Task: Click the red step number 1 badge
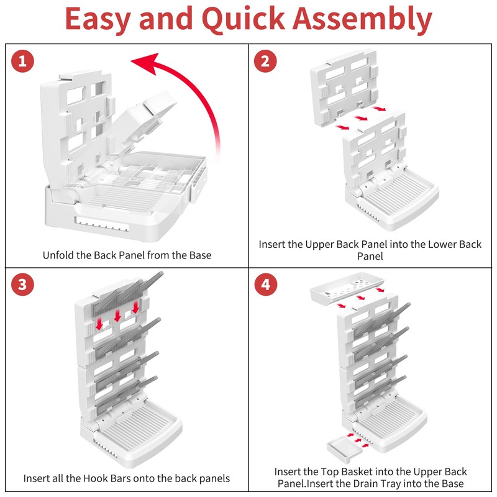(23, 61)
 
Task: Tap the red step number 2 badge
(265, 61)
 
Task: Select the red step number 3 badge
(23, 285)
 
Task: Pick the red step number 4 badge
(265, 285)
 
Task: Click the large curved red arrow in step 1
(186, 81)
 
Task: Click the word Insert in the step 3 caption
(38, 478)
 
